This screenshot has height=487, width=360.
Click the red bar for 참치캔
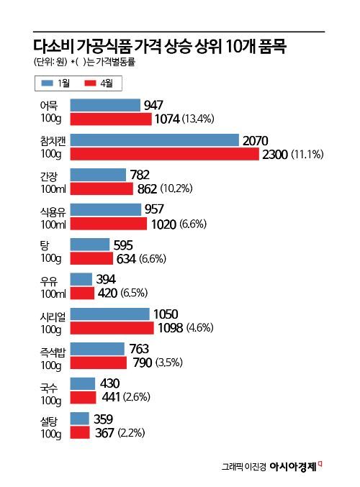click(164, 154)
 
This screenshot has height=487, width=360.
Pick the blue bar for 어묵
click(106, 106)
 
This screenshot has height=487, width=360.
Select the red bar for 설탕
click(81, 432)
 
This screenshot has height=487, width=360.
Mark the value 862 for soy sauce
click(147, 188)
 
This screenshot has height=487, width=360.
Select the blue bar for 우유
click(82, 279)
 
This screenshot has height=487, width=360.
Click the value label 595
click(122, 245)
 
